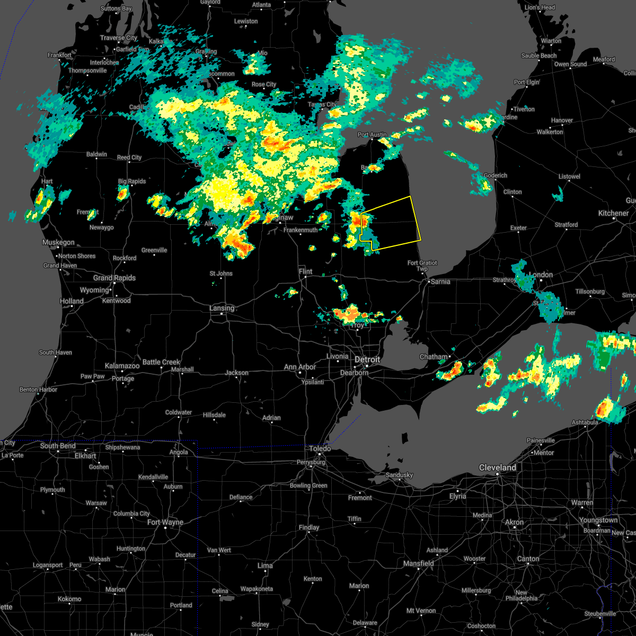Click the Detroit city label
point(367,359)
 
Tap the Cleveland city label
point(497,467)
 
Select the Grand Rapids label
point(114,278)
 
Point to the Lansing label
point(222,308)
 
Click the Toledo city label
point(320,448)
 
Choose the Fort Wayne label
point(165,522)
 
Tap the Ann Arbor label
point(299,367)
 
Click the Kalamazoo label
point(122,366)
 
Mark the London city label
point(541,275)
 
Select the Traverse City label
point(119,38)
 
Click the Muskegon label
point(58,242)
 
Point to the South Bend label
point(58,446)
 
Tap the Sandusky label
point(399,475)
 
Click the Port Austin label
point(372,135)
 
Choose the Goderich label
point(496,175)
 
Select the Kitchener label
point(613,213)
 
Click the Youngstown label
point(598,520)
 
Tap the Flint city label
point(305,271)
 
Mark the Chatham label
point(434,357)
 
